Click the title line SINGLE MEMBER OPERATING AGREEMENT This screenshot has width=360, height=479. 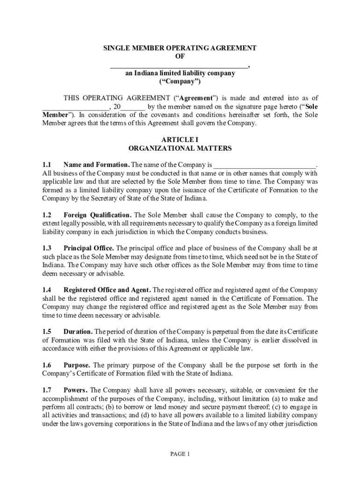(180, 48)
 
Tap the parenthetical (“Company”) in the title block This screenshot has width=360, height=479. (180, 81)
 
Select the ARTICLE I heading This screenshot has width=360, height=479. (180, 140)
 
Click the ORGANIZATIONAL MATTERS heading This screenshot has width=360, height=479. (180, 148)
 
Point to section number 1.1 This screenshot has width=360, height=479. (46, 165)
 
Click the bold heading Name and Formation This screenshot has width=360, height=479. (96, 165)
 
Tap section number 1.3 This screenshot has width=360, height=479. (46, 248)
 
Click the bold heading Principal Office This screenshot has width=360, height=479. (88, 248)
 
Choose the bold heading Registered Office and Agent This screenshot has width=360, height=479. (107, 290)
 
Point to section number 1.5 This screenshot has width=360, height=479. (46, 332)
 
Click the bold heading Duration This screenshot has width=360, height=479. (79, 332)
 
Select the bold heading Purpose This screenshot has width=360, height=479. (77, 365)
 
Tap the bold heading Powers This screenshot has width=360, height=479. (75, 390)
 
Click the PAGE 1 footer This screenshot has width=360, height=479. (180, 454)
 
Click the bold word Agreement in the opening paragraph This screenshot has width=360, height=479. (196, 98)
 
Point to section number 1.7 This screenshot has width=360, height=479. (46, 390)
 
